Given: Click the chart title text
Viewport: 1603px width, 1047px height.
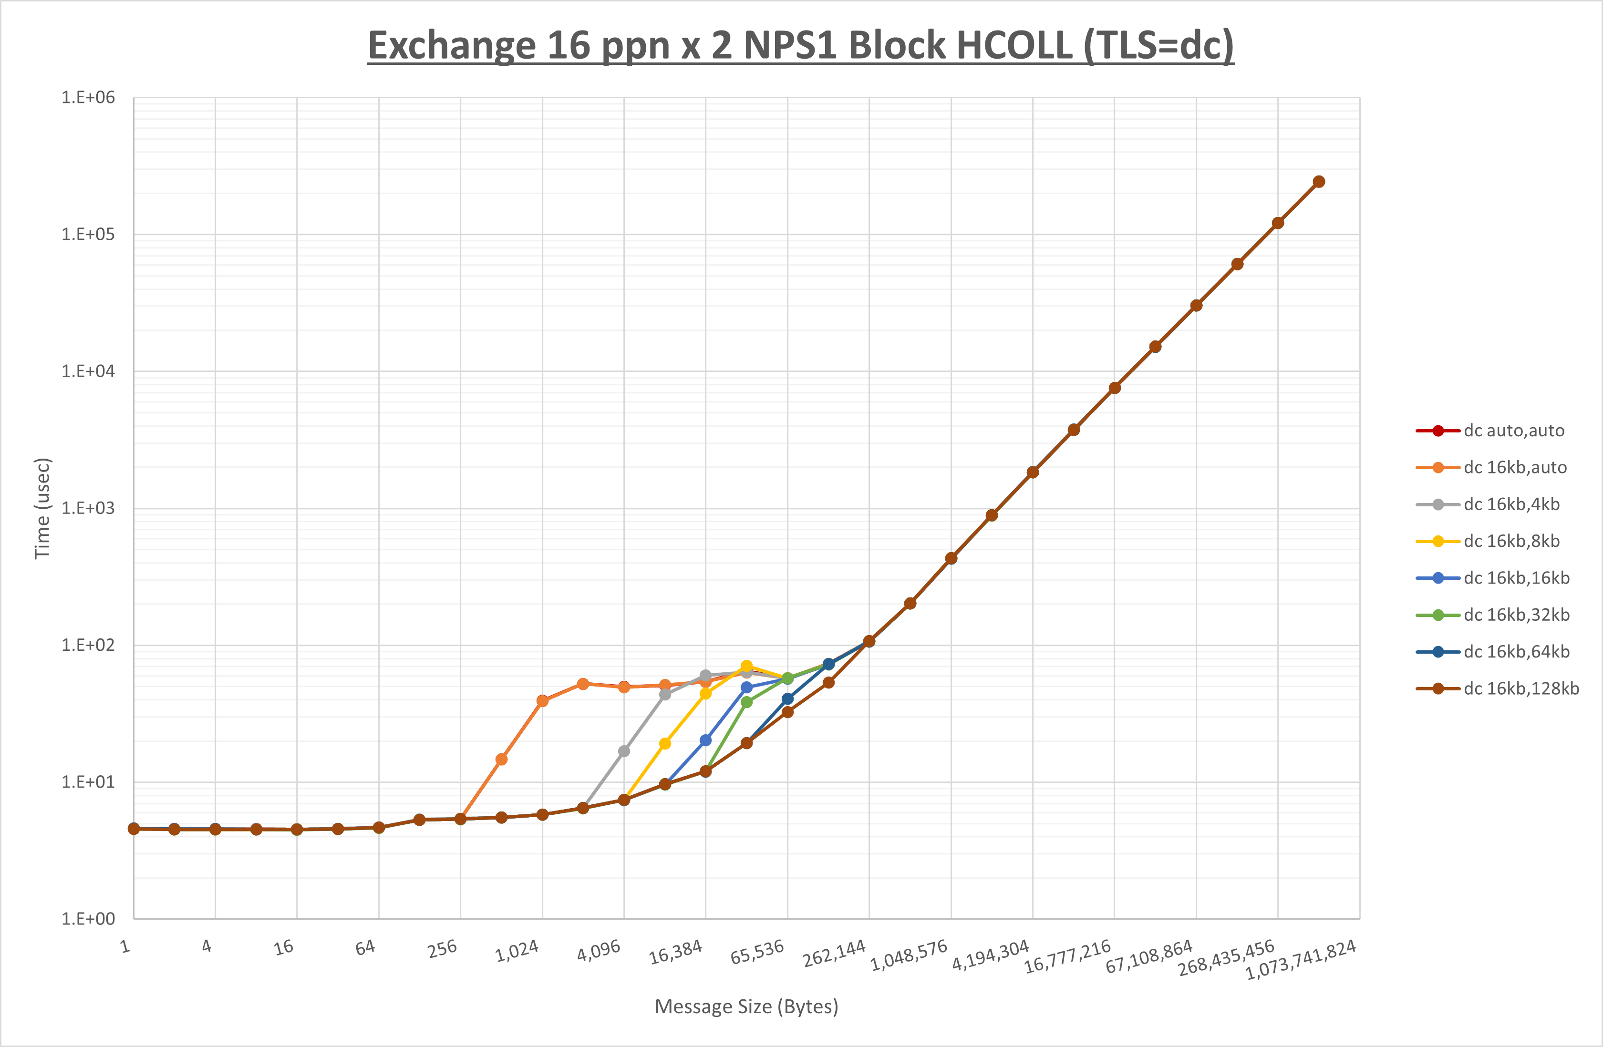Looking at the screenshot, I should (800, 46).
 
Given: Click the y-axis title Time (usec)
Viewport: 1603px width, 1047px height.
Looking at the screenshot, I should (42, 508).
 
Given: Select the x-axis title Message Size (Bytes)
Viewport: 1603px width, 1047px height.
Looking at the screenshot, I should (746, 1006).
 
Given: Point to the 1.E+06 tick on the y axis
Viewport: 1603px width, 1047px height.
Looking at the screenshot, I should (88, 98).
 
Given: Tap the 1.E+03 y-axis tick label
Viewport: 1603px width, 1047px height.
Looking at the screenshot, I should (88, 508).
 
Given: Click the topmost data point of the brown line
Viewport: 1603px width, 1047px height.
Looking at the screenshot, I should (1319, 182).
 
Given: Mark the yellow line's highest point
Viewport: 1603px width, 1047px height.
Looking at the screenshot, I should (746, 666).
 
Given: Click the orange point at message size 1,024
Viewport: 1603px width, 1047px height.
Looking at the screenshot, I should (542, 701).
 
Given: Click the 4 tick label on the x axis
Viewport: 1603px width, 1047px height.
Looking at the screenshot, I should (207, 947).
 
